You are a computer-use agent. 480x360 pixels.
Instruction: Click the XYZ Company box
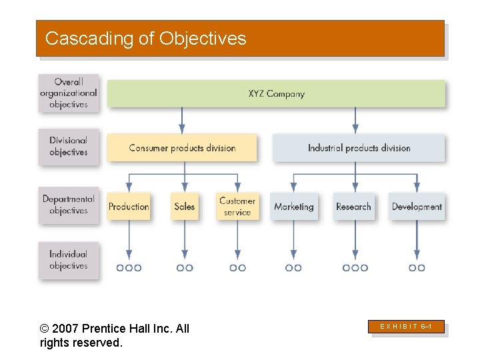(x=276, y=94)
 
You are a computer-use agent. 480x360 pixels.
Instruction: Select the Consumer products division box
(x=182, y=148)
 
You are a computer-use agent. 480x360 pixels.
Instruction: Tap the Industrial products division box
(x=359, y=148)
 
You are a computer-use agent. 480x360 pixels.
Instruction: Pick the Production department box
(x=129, y=207)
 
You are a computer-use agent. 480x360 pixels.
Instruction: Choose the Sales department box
(x=185, y=207)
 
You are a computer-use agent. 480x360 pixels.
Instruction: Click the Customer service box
(x=237, y=207)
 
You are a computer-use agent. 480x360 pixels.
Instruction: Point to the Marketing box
(x=293, y=207)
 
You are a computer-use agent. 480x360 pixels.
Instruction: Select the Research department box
(x=353, y=207)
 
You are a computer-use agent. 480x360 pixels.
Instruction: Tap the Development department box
(x=417, y=207)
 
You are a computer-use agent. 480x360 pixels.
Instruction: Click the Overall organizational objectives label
(x=69, y=93)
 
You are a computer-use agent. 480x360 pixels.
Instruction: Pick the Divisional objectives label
(x=69, y=147)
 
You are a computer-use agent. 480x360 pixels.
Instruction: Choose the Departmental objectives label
(x=69, y=205)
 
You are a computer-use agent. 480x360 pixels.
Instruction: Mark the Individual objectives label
(x=69, y=260)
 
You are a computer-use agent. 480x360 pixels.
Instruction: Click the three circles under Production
(x=129, y=268)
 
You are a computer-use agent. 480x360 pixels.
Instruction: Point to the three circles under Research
(x=355, y=268)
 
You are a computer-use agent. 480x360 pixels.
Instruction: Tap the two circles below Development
(x=417, y=268)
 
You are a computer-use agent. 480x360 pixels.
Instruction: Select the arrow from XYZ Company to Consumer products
(x=182, y=120)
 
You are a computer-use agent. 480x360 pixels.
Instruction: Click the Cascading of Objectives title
(x=145, y=39)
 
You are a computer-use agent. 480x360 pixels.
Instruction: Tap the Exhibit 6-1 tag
(x=407, y=327)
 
